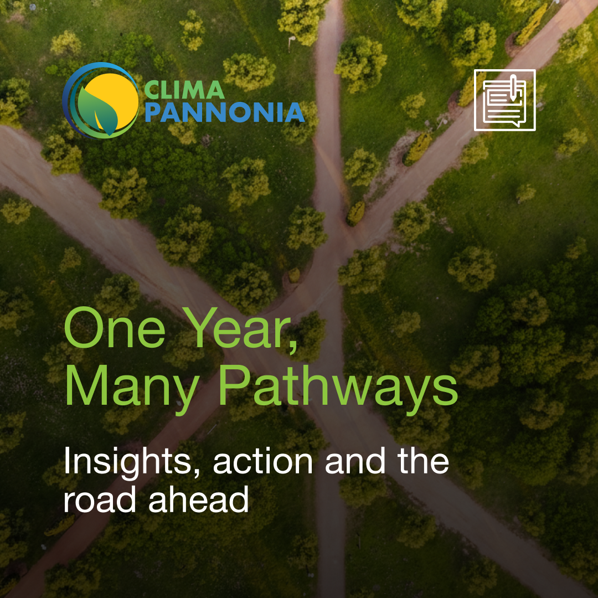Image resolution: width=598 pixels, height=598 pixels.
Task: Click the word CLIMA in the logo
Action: (184, 90)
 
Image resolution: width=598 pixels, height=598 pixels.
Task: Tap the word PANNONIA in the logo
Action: (225, 112)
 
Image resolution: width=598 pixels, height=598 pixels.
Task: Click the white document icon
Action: (504, 100)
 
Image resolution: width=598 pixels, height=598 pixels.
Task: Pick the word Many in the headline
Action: (132, 386)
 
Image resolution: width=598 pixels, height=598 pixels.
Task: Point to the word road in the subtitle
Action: (100, 499)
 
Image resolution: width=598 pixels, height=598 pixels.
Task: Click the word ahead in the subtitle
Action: (199, 499)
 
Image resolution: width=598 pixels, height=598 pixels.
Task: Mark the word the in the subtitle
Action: (424, 461)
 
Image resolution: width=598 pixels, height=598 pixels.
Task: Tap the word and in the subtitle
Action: (355, 461)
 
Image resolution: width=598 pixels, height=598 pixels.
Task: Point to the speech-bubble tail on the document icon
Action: (517, 123)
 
